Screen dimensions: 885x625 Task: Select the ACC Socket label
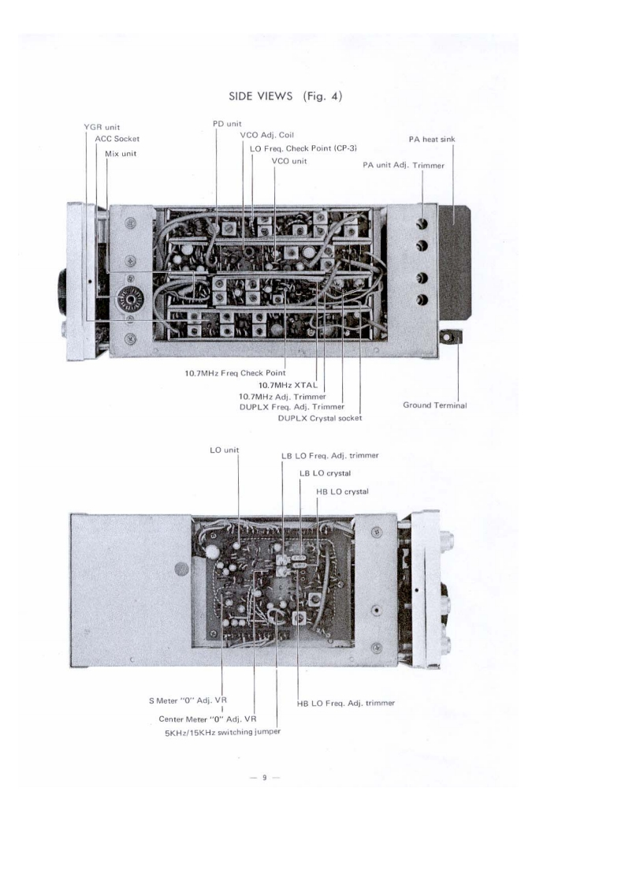117,139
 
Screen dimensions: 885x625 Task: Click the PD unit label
228,124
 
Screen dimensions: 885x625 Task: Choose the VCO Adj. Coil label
266,136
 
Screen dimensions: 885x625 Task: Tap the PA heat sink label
431,140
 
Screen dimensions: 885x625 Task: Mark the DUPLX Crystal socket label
320,418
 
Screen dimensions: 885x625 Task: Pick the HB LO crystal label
341,491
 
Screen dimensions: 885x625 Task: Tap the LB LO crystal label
325,473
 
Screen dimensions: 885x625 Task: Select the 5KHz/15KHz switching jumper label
223,731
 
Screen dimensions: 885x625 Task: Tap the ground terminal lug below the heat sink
452,338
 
